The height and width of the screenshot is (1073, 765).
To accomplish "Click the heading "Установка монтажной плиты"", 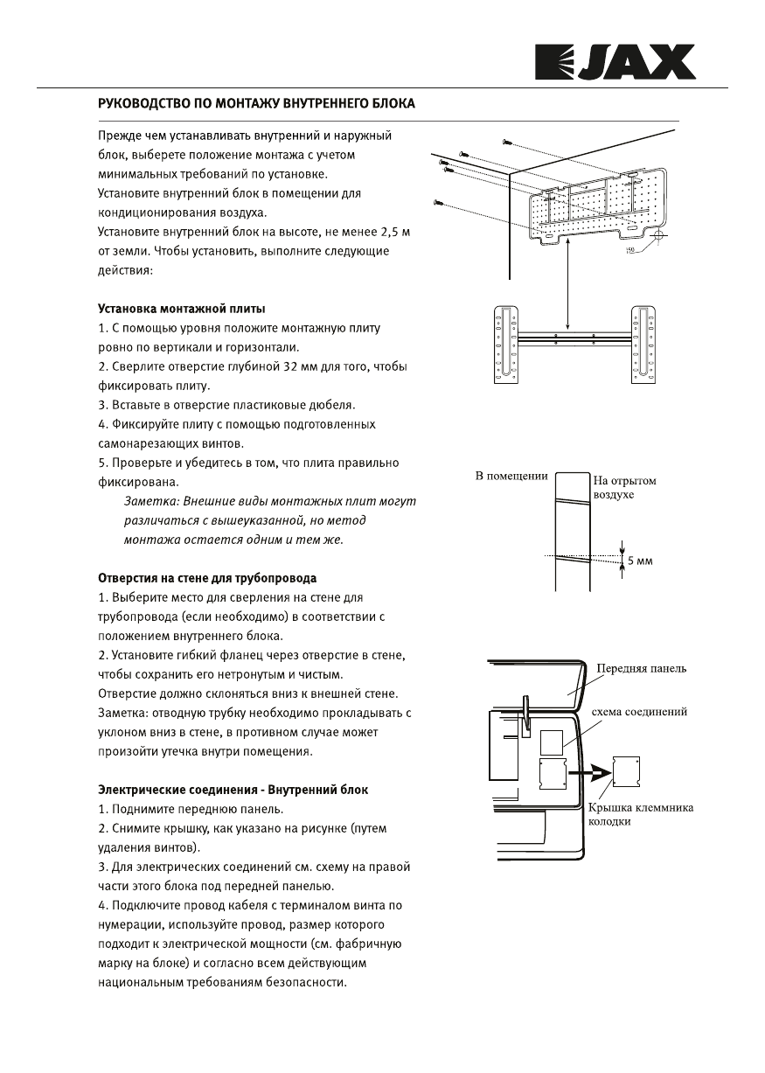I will point(181,310).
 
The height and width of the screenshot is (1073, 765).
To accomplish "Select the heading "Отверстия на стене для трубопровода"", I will point(206,578).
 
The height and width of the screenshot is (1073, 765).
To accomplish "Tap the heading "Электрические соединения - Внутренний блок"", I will point(233,790).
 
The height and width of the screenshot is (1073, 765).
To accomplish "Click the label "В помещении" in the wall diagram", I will point(511,477).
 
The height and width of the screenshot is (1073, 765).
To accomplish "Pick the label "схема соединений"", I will point(639,712).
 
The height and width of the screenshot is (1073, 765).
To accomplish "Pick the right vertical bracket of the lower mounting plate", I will point(644,345).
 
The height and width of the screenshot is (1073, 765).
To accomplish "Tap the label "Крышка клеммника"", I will point(641,808).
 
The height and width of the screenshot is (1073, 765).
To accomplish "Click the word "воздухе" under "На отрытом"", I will point(614,495).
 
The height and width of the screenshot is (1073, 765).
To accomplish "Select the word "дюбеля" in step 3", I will point(327,405).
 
